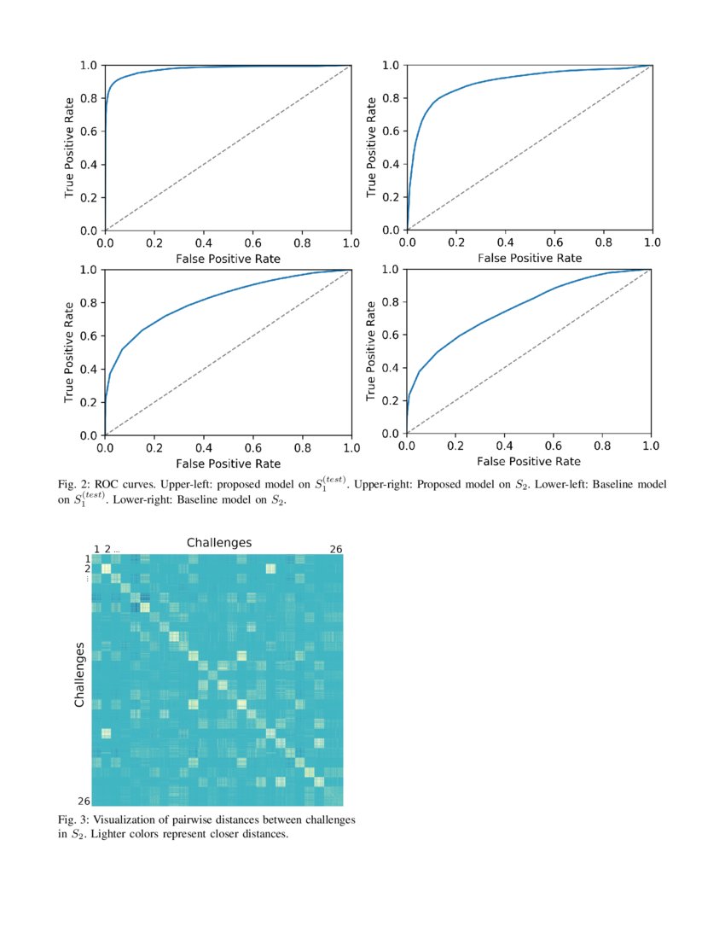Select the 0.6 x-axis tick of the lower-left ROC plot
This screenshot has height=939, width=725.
[252, 448]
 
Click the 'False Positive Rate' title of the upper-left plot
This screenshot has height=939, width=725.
[228, 258]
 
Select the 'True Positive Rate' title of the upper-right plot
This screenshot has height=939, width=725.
[372, 148]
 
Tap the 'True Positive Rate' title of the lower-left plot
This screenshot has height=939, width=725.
[70, 353]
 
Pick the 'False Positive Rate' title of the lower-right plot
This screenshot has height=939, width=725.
[530, 462]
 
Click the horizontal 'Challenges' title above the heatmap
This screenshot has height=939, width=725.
[218, 543]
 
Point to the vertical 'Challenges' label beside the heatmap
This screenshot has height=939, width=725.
[79, 674]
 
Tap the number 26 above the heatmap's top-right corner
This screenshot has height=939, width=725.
[336, 549]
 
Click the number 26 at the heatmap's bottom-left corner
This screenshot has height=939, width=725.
[83, 801]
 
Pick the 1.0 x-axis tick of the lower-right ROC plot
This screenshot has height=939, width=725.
[651, 446]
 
